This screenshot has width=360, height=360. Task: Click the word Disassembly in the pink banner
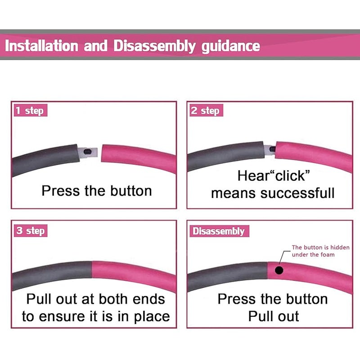(154, 46)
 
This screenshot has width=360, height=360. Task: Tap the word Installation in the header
(41, 46)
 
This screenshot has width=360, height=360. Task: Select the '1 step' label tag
(31, 110)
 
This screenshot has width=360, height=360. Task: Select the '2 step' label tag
(206, 110)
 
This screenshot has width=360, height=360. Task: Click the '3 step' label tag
(31, 230)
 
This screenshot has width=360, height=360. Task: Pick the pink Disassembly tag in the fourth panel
(219, 231)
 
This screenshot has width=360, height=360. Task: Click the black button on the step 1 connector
(87, 152)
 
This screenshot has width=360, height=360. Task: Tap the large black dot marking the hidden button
(279, 270)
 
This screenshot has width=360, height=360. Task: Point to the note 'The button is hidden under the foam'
(320, 251)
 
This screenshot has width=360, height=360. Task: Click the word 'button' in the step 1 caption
(131, 191)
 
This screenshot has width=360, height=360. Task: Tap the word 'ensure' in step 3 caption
(62, 317)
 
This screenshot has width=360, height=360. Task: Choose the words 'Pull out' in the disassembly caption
(274, 316)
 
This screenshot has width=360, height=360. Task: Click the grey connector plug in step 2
(270, 150)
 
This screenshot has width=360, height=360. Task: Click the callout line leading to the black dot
(283, 256)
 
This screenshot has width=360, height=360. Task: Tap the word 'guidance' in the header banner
(231, 47)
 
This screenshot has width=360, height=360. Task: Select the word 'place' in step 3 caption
(152, 317)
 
